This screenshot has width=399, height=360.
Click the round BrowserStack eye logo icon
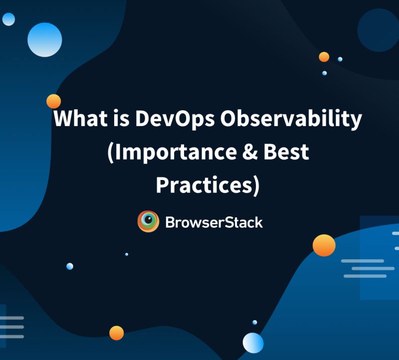click(148, 222)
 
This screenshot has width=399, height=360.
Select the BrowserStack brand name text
click(213, 222)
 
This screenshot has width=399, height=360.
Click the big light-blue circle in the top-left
click(44, 39)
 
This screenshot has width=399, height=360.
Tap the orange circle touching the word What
click(53, 101)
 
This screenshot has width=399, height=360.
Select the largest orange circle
click(324, 245)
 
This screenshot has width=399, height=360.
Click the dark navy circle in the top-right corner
click(378, 30)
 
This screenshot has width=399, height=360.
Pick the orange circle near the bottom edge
click(116, 333)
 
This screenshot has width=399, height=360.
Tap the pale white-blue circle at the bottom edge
click(253, 343)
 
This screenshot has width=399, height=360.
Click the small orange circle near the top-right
click(324, 57)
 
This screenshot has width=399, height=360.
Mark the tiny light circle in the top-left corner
click(8, 19)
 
